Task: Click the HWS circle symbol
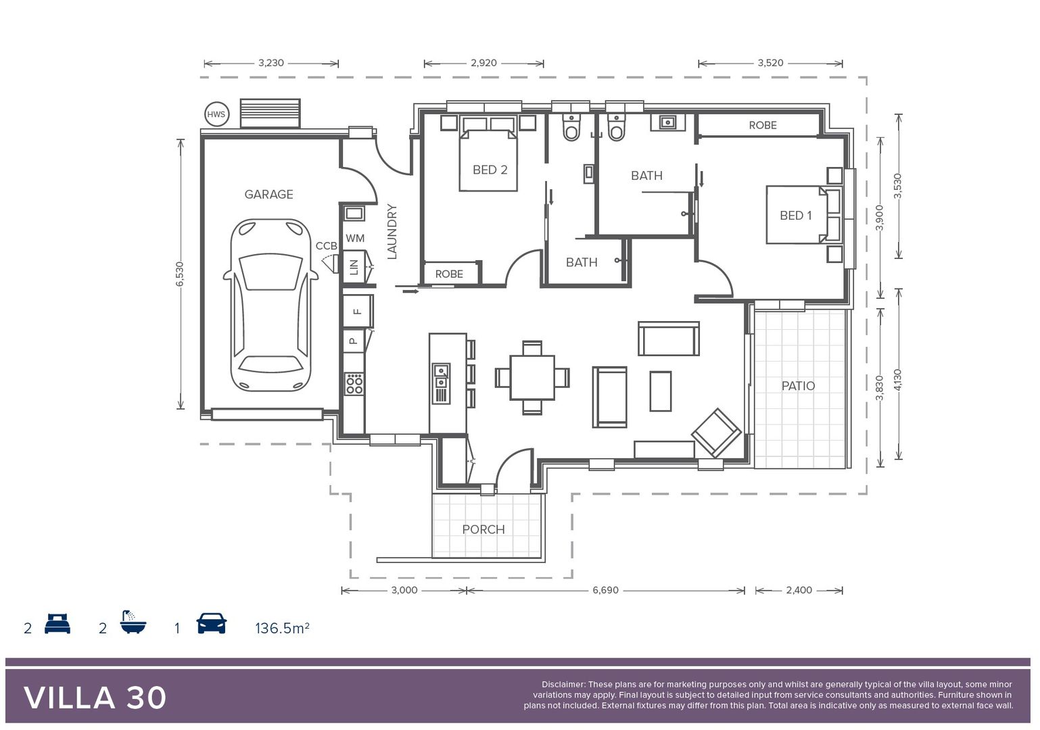click(216, 114)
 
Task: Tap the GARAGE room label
click(269, 195)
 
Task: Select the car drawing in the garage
click(270, 305)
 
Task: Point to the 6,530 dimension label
click(180, 274)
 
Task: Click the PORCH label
click(483, 529)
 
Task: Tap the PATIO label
click(798, 386)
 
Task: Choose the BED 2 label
click(490, 170)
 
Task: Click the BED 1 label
click(796, 216)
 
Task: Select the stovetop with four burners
click(354, 384)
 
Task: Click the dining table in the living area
click(532, 377)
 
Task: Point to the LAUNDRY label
click(392, 232)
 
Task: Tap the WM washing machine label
click(355, 239)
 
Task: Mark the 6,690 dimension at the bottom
click(605, 590)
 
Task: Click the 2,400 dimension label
click(799, 590)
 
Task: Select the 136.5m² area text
click(282, 628)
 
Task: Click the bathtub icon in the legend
click(133, 623)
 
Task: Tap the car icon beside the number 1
click(212, 623)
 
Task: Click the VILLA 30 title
click(95, 698)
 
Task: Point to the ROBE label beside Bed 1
click(763, 125)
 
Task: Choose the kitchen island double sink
click(441, 376)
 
